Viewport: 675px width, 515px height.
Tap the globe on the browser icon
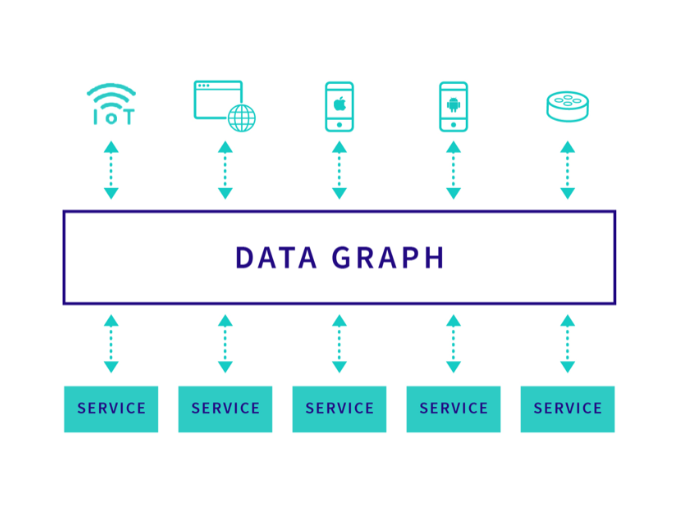click(x=242, y=118)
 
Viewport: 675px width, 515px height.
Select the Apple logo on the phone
click(x=340, y=104)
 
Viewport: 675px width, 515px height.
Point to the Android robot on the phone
click(x=453, y=105)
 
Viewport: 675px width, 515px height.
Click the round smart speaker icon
click(x=567, y=106)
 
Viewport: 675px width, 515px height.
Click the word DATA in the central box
click(x=276, y=258)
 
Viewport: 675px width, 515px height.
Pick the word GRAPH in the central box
click(x=387, y=258)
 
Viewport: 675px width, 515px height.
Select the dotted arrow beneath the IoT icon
click(x=111, y=170)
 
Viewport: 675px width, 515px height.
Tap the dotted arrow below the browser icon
click(x=225, y=170)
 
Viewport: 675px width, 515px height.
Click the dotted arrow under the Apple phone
click(x=339, y=170)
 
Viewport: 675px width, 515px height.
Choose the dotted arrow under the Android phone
click(x=453, y=170)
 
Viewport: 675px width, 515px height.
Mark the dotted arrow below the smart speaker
click(x=567, y=170)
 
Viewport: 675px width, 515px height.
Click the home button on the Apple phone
click(x=339, y=125)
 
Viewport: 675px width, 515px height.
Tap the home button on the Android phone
click(x=453, y=125)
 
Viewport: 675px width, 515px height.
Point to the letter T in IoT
click(x=128, y=117)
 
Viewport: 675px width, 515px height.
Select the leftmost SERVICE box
click(x=111, y=409)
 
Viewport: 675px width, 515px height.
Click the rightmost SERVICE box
click(x=567, y=409)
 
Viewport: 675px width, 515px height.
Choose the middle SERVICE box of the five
click(x=339, y=409)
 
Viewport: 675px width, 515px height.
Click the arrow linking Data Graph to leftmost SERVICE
click(x=111, y=344)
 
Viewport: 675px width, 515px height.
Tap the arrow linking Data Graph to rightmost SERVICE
click(x=567, y=344)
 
